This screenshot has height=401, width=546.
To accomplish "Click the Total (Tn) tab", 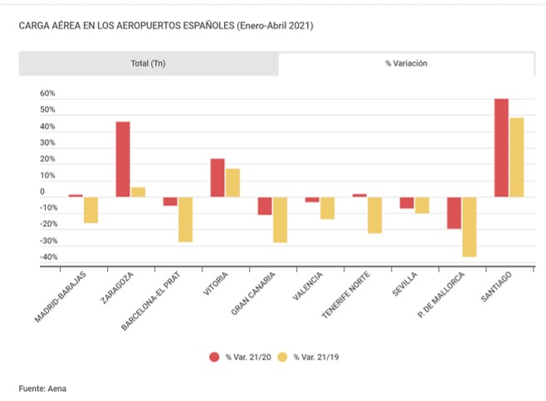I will tap(149, 63).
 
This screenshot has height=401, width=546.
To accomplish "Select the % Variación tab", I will tap(406, 63).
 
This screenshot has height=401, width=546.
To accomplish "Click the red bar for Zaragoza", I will tap(123, 159).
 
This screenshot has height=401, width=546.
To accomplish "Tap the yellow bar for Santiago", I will tap(516, 157).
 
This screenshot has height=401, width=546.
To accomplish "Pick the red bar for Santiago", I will tap(501, 148).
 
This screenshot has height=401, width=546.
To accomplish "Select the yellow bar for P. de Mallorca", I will tap(470, 227).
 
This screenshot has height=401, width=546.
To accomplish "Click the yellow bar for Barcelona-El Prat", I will tap(185, 219).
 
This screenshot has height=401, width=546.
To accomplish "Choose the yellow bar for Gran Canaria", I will tap(280, 219).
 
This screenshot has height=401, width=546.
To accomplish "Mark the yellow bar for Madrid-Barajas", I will tap(90, 210).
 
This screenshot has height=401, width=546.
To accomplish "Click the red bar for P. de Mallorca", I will tap(454, 213).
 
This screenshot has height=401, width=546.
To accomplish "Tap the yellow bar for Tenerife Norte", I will tap(374, 215).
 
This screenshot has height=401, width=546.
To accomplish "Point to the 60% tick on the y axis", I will tap(47, 94).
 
